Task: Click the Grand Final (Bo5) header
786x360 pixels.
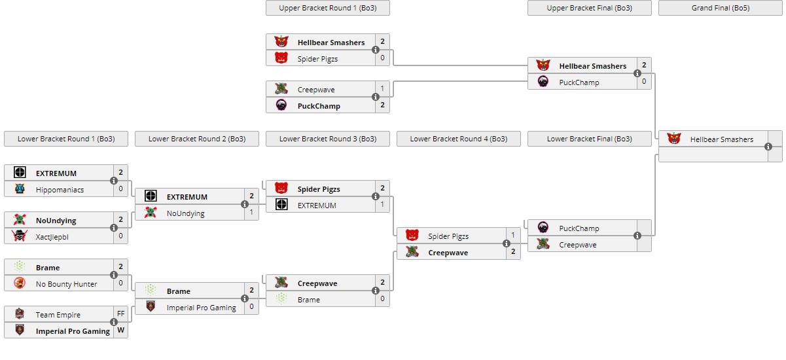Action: [x=720, y=8]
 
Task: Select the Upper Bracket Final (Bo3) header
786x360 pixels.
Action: [x=589, y=8]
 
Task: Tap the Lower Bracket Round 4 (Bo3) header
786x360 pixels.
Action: [x=458, y=139]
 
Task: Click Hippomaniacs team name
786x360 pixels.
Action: [x=60, y=190]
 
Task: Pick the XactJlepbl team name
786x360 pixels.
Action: [x=52, y=237]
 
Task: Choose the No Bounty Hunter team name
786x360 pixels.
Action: [x=66, y=284]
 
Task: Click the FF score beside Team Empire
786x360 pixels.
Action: [x=121, y=314]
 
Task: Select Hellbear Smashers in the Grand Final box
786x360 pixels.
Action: [x=721, y=139]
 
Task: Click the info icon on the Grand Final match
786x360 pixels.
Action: [x=768, y=147]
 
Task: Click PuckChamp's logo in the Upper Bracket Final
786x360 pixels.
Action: [x=543, y=82]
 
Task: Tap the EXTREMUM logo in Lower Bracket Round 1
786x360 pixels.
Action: [x=20, y=173]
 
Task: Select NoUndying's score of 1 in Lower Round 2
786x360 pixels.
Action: [x=252, y=213]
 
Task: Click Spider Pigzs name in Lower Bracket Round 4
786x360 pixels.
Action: [x=448, y=236]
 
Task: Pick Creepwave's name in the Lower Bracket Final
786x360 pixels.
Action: [x=577, y=245]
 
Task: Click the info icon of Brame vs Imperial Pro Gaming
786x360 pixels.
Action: [x=245, y=298]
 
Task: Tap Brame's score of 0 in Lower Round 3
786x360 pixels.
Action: [x=383, y=299]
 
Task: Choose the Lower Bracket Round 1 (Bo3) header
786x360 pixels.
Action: [x=65, y=139]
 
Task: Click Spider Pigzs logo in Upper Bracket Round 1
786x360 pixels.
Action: [x=281, y=58]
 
